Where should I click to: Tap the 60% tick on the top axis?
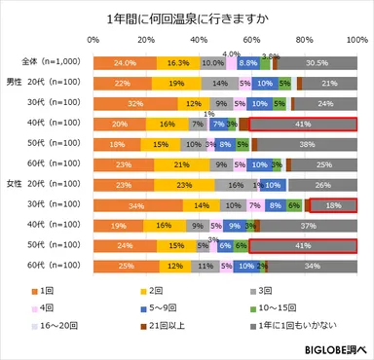251,41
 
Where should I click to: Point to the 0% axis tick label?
93,41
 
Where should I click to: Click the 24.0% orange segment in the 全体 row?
125,62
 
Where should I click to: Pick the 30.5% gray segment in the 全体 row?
317,62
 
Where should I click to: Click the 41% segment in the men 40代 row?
304,125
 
